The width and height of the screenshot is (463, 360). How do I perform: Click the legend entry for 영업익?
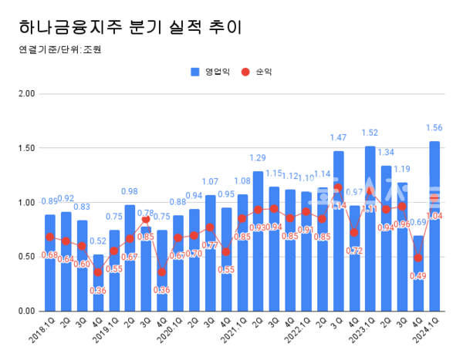[208, 72]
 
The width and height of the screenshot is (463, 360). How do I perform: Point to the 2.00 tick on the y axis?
[26, 94]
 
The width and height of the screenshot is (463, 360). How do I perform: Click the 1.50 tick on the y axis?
[26, 148]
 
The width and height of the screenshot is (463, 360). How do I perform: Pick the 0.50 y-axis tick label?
[26, 257]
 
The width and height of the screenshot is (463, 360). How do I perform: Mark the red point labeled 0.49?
[417, 258]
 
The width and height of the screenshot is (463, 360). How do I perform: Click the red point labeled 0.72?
[353, 233]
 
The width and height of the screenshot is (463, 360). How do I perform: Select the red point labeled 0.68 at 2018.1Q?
[50, 237]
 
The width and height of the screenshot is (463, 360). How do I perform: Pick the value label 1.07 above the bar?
[210, 182]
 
